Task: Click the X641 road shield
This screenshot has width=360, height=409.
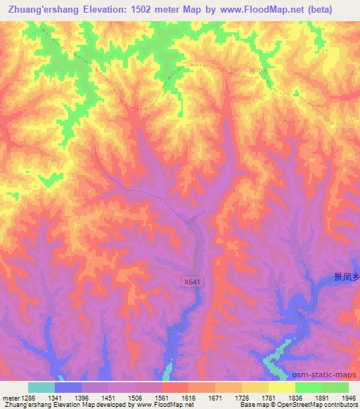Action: pos(192,282)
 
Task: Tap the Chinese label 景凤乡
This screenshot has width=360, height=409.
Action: pos(346,278)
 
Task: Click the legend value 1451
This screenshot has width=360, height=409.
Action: pos(109,396)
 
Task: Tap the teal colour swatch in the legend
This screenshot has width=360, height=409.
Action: pos(41,387)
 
